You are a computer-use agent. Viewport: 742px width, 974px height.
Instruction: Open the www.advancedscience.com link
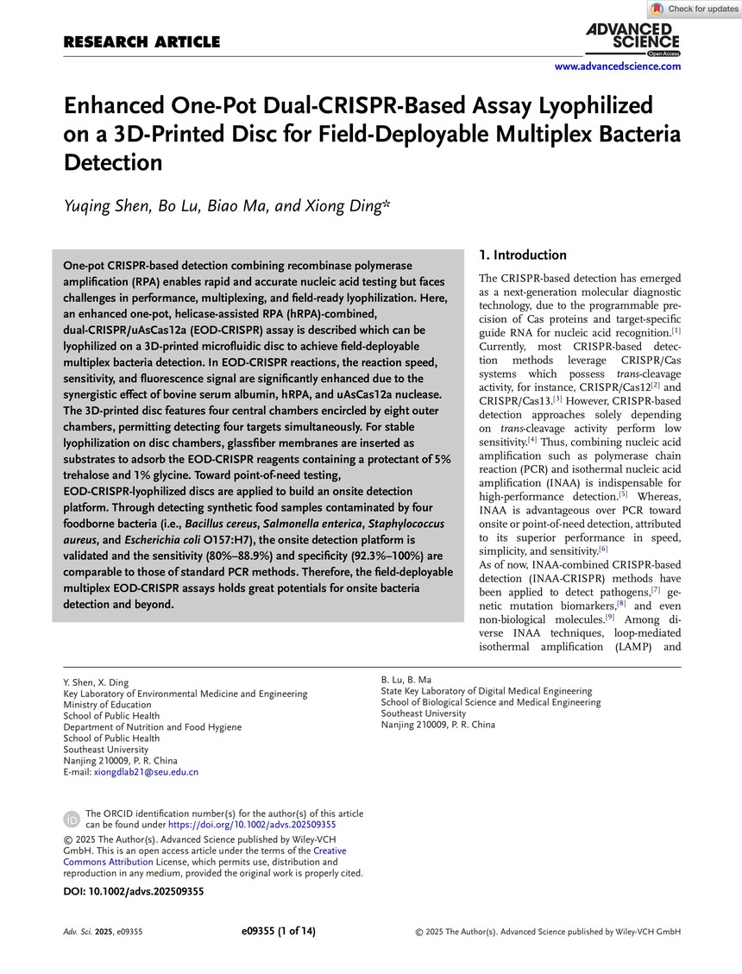(x=617, y=66)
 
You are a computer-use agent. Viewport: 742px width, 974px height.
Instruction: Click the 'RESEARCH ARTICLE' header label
(x=141, y=42)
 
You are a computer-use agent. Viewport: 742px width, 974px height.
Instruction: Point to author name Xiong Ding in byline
(x=349, y=205)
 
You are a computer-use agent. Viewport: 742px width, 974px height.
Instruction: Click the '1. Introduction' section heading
(x=522, y=254)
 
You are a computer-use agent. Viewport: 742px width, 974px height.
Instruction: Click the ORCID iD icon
(x=72, y=818)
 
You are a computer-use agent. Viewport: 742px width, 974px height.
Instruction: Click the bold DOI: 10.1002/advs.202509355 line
(x=134, y=892)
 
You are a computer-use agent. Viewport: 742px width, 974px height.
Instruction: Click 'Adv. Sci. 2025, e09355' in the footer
(x=103, y=932)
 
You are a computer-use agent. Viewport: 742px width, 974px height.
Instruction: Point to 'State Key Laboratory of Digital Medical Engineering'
(x=487, y=691)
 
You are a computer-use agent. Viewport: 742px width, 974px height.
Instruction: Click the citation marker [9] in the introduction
(x=609, y=616)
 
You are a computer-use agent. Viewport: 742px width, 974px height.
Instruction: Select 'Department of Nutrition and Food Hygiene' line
(x=153, y=727)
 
